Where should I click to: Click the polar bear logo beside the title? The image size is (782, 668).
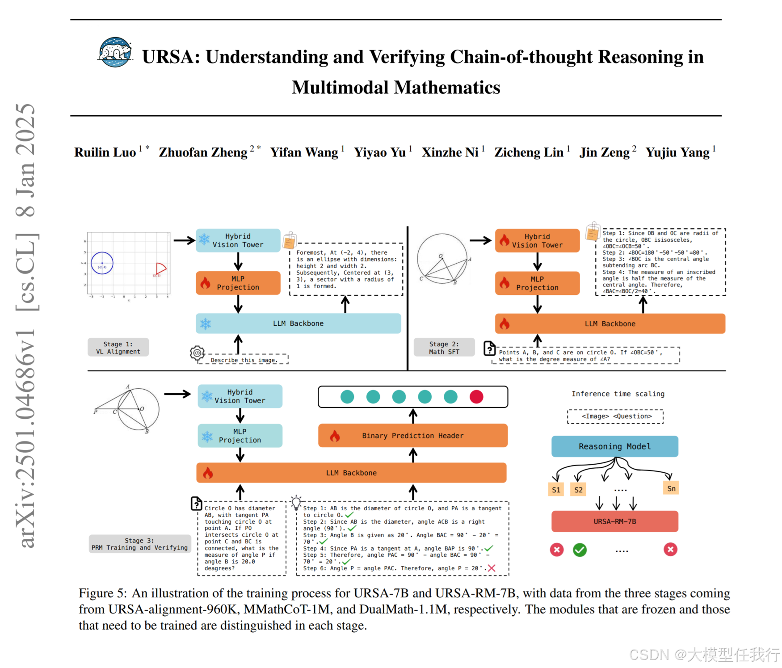(x=115, y=52)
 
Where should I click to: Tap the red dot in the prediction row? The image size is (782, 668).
(x=476, y=397)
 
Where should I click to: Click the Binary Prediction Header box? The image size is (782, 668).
(x=412, y=436)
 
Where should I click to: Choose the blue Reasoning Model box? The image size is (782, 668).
(x=614, y=446)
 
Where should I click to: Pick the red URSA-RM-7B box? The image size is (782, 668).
(x=614, y=521)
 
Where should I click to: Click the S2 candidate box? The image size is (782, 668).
(x=578, y=490)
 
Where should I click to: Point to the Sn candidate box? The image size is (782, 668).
(x=671, y=488)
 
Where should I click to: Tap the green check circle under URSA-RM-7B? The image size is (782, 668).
(x=580, y=550)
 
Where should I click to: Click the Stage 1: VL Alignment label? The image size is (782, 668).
(x=118, y=348)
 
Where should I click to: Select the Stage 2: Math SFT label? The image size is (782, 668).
(x=444, y=348)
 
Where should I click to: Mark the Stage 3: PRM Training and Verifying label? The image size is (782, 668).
(x=140, y=544)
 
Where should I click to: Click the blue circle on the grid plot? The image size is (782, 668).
(x=102, y=263)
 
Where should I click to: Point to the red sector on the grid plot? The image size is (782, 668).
(x=160, y=269)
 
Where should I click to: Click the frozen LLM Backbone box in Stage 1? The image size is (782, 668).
(x=298, y=323)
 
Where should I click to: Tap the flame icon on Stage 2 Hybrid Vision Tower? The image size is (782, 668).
(x=505, y=241)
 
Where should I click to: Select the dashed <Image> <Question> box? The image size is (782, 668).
(x=615, y=416)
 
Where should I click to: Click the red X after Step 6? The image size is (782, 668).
(x=492, y=568)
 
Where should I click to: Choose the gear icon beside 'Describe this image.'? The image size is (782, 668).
(x=197, y=353)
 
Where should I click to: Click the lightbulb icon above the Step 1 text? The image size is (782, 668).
(x=296, y=502)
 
